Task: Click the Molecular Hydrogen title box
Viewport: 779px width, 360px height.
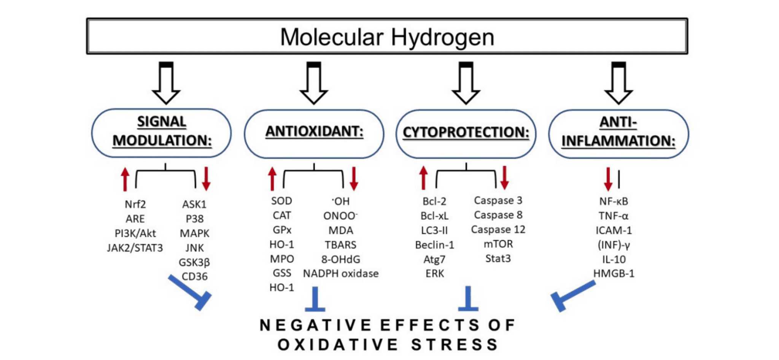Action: [387, 36]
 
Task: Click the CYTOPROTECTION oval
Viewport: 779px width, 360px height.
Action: [466, 133]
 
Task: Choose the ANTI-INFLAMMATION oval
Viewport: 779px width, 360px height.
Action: [618, 133]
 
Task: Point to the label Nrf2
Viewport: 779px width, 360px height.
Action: [135, 205]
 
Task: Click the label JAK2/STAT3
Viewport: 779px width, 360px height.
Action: [135, 248]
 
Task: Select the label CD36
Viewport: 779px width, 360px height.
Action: [194, 276]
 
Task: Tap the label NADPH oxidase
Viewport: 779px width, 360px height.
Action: [340, 274]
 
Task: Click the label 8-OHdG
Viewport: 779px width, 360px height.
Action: [340, 259]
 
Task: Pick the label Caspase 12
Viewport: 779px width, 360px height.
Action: [498, 230]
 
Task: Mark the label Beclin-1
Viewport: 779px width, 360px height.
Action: [434, 245]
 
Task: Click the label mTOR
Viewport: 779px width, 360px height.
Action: [498, 244]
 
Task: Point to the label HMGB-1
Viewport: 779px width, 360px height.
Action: [614, 274]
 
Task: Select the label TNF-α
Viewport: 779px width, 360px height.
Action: [614, 216]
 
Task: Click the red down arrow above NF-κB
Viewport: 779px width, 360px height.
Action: [608, 179]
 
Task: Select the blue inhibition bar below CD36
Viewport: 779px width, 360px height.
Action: [190, 293]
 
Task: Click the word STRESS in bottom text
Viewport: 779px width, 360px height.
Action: [455, 345]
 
